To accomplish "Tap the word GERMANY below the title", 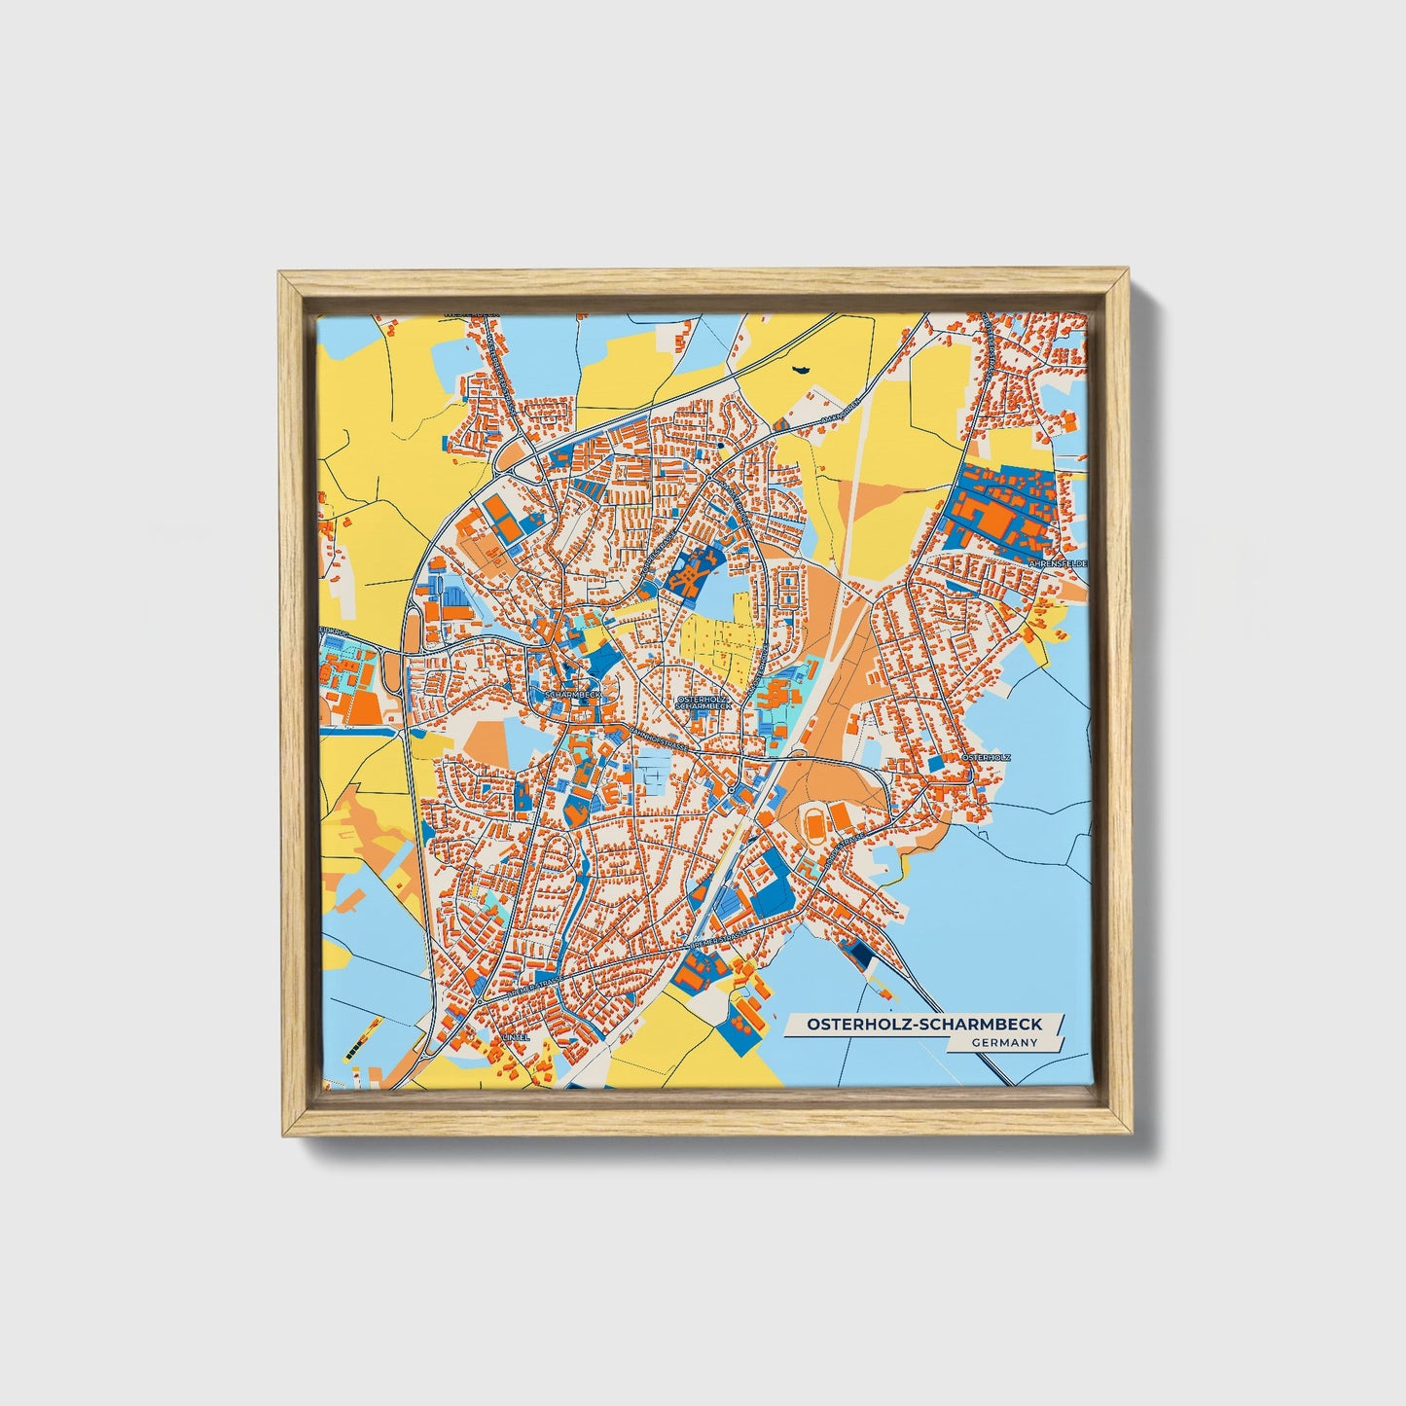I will (x=1004, y=1042).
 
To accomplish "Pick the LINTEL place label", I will (x=516, y=1037).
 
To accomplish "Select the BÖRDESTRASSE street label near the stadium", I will (x=843, y=852).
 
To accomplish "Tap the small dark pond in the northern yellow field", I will (x=803, y=370).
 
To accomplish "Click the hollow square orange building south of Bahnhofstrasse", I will (x=651, y=779).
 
